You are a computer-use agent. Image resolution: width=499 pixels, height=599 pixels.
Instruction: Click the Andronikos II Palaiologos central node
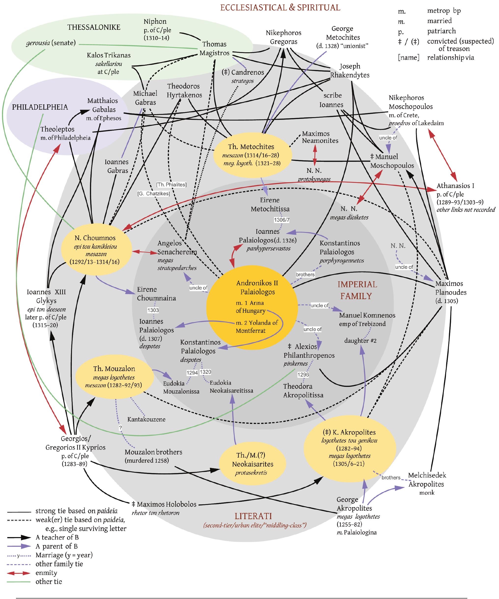(252, 307)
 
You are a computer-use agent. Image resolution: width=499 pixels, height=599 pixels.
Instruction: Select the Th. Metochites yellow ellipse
(253, 155)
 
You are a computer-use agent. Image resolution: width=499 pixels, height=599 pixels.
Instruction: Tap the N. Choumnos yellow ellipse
(96, 250)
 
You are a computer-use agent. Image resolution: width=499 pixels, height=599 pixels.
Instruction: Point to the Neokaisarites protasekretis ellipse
(252, 464)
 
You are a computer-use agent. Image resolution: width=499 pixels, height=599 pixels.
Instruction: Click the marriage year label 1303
(153, 310)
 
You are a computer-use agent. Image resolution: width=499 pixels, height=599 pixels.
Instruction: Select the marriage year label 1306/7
(281, 220)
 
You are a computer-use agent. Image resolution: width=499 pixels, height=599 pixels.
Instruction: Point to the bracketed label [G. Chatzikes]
(154, 194)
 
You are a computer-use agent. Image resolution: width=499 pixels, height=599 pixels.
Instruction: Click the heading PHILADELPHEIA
(40, 107)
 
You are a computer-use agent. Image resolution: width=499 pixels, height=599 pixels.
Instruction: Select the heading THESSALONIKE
(94, 27)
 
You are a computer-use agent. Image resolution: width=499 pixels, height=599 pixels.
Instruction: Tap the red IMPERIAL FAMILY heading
(357, 290)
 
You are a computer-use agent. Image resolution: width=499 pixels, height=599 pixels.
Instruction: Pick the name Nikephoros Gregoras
(284, 37)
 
